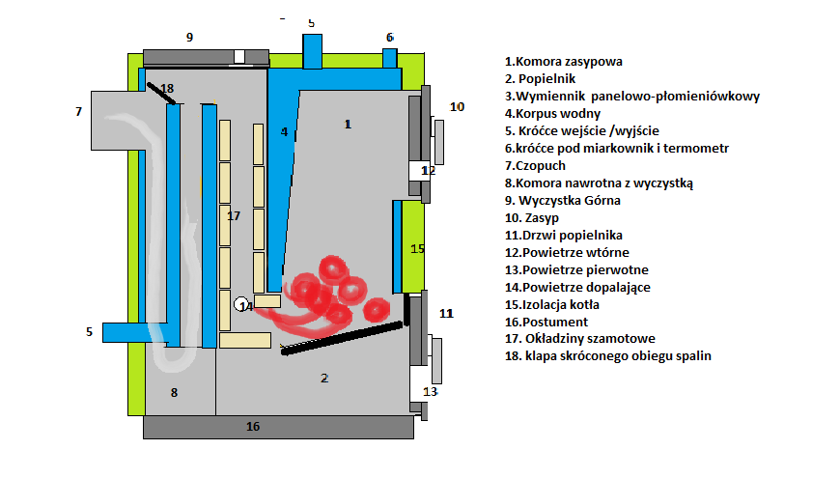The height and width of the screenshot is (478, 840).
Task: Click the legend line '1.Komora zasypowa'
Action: (563, 61)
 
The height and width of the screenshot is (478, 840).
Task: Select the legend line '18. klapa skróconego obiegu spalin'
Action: (607, 356)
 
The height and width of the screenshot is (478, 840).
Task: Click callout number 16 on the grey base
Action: (253, 427)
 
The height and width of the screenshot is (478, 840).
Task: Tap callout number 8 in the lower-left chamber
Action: (174, 392)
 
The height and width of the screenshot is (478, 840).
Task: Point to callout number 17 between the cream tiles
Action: (233, 216)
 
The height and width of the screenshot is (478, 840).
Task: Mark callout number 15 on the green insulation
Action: (417, 248)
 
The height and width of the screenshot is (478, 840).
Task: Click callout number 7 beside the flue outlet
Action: (78, 112)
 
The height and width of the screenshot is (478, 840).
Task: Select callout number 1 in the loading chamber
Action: (348, 124)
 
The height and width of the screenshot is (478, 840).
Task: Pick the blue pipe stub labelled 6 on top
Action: (389, 58)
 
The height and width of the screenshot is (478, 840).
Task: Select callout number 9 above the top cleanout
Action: (190, 37)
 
